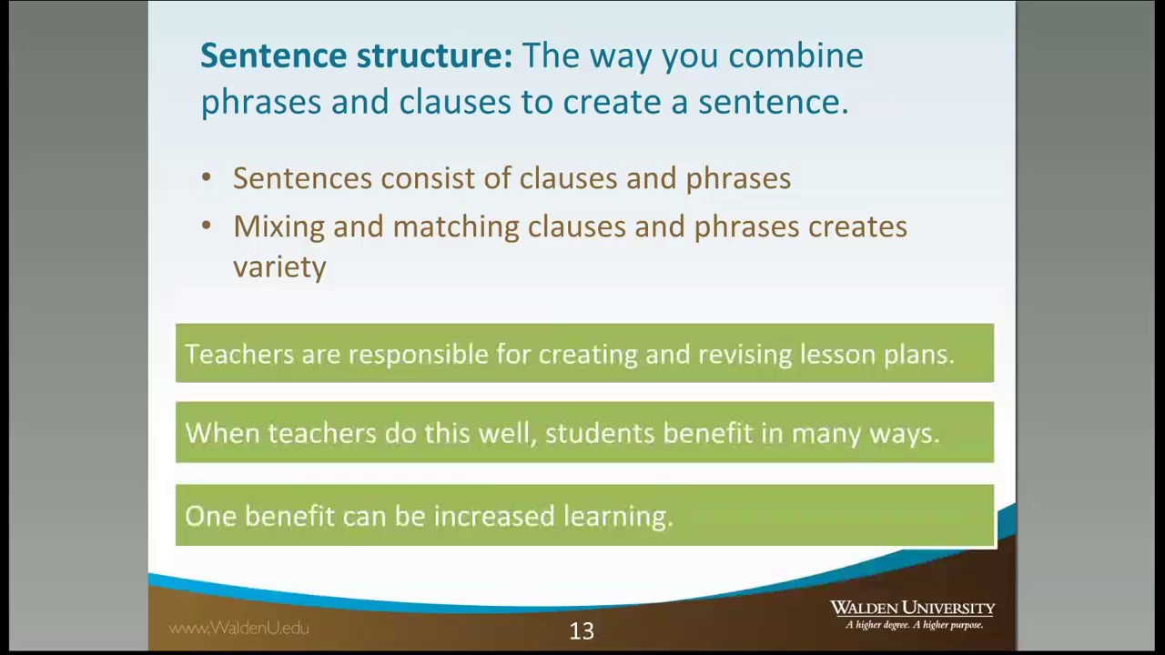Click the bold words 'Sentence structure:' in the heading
(356, 56)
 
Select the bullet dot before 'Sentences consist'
(207, 178)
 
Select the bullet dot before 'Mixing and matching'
(207, 227)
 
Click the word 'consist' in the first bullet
(428, 178)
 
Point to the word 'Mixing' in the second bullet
(279, 227)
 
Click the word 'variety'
(279, 267)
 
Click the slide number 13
(582, 630)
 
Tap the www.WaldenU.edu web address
(239, 628)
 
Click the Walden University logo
(912, 614)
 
